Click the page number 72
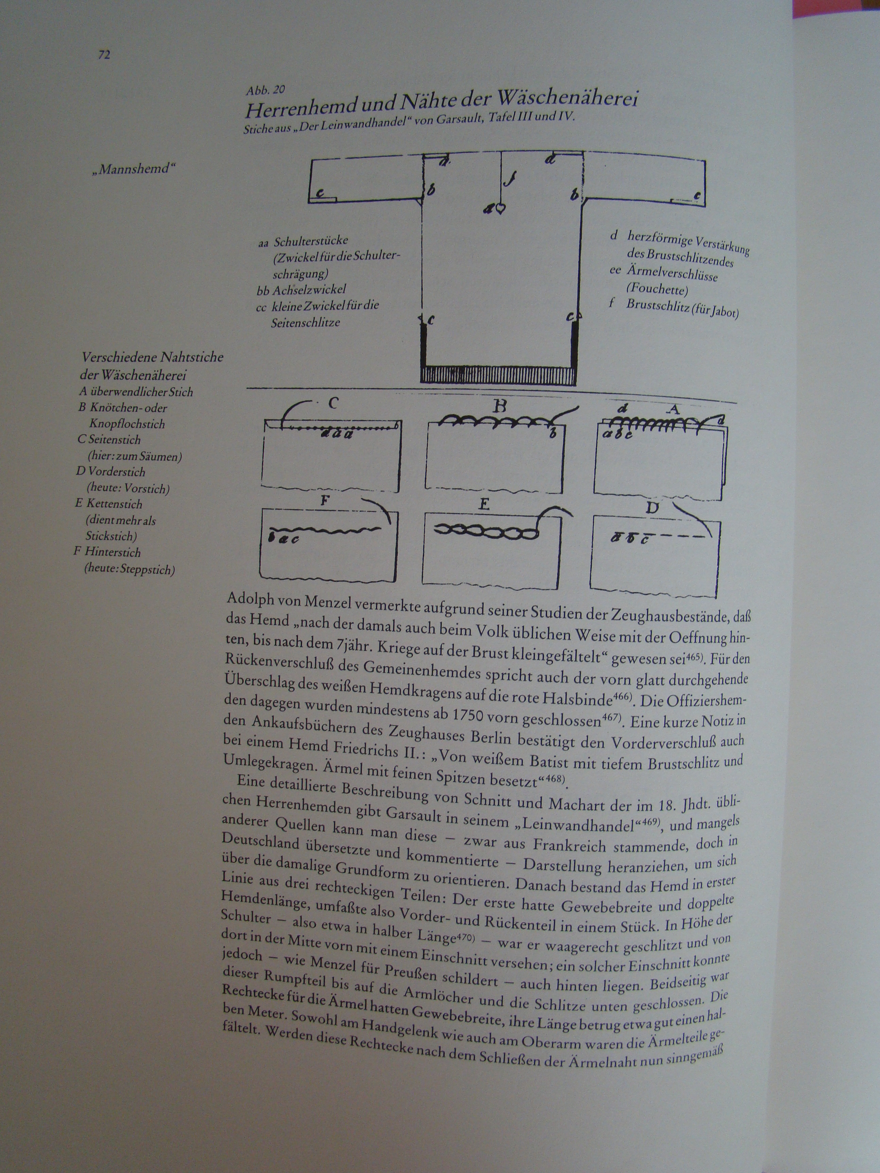tap(104, 55)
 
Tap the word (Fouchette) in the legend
tap(657, 290)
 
